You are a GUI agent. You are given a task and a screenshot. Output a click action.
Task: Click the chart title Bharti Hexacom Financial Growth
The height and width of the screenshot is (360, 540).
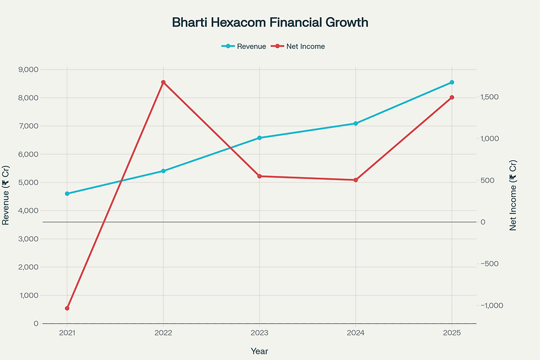click(x=270, y=23)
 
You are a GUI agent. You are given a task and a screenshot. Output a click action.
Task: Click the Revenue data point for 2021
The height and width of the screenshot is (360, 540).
click(x=67, y=194)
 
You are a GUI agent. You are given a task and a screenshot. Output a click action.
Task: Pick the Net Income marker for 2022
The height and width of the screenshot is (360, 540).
click(x=163, y=83)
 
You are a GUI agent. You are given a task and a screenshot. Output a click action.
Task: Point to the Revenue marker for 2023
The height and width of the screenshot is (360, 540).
click(x=260, y=138)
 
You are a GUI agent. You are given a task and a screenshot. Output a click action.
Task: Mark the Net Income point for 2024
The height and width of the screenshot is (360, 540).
click(x=355, y=180)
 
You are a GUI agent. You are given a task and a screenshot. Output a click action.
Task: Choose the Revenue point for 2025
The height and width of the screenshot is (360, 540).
click(x=452, y=82)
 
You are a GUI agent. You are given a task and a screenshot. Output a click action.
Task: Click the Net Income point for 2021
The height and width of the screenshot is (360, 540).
click(x=67, y=308)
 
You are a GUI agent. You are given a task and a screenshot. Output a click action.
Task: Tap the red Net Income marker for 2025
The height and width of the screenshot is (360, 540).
click(x=452, y=98)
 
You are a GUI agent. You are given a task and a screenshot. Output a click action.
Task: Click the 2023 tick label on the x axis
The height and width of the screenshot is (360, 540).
click(x=260, y=333)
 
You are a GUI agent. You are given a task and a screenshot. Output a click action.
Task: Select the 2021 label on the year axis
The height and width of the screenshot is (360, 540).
click(x=67, y=333)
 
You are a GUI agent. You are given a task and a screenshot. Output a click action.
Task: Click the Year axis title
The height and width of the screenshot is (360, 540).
click(x=260, y=351)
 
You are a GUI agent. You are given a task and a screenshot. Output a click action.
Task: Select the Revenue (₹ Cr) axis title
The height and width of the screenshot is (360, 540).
click(x=6, y=196)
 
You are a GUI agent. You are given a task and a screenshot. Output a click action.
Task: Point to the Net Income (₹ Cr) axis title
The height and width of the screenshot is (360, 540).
click(x=513, y=195)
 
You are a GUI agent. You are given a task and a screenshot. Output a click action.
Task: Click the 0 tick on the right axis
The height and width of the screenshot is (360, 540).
click(x=483, y=222)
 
